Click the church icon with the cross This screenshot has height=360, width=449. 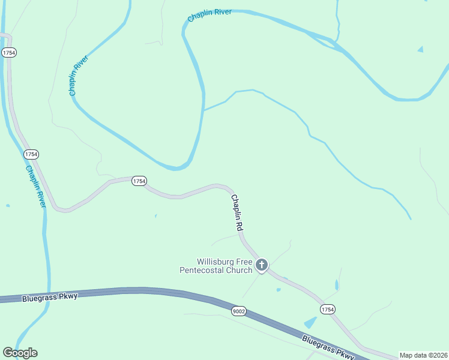point(261,265)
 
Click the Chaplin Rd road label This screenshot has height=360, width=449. point(237,213)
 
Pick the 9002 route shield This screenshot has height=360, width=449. point(239,311)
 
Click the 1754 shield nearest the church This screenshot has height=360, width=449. point(327,309)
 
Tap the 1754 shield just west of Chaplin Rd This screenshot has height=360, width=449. point(139,181)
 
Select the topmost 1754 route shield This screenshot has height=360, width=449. point(9,53)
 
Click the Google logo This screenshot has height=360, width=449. point(20,353)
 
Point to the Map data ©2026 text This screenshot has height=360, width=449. point(423,355)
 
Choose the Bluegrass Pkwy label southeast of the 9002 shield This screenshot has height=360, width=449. point(328,347)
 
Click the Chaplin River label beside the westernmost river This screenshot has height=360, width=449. point(35,187)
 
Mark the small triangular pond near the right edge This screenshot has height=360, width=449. point(420,49)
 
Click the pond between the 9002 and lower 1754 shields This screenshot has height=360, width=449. point(310,323)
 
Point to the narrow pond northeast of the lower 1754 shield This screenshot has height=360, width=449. point(337,284)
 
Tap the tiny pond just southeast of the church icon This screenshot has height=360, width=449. point(279,290)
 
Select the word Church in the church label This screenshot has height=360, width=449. point(239,270)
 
